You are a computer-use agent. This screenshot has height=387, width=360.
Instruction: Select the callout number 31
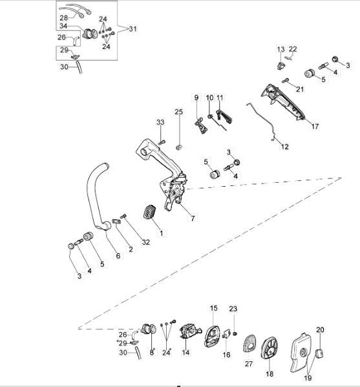point(133,29)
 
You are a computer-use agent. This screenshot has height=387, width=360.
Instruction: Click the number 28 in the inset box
point(63,17)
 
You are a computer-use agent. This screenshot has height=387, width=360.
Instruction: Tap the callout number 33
point(160,122)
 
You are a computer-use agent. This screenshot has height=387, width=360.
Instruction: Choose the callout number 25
point(179,112)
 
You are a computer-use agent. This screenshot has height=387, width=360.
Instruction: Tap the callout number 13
point(281,50)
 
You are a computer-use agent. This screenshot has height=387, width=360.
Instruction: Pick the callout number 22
point(293,49)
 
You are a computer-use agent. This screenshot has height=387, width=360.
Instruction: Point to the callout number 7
point(192,218)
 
